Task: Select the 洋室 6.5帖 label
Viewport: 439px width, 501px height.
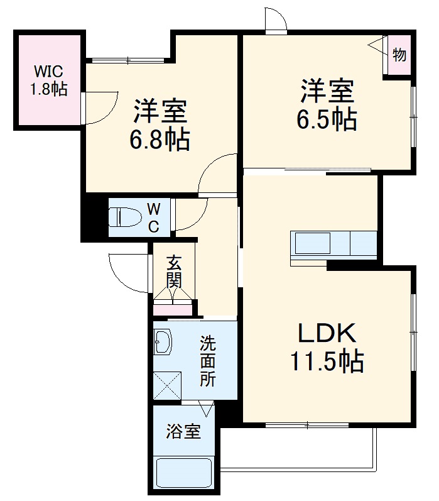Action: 327,104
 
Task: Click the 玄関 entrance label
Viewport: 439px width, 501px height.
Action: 174,271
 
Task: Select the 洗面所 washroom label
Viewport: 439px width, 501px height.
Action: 208,361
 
